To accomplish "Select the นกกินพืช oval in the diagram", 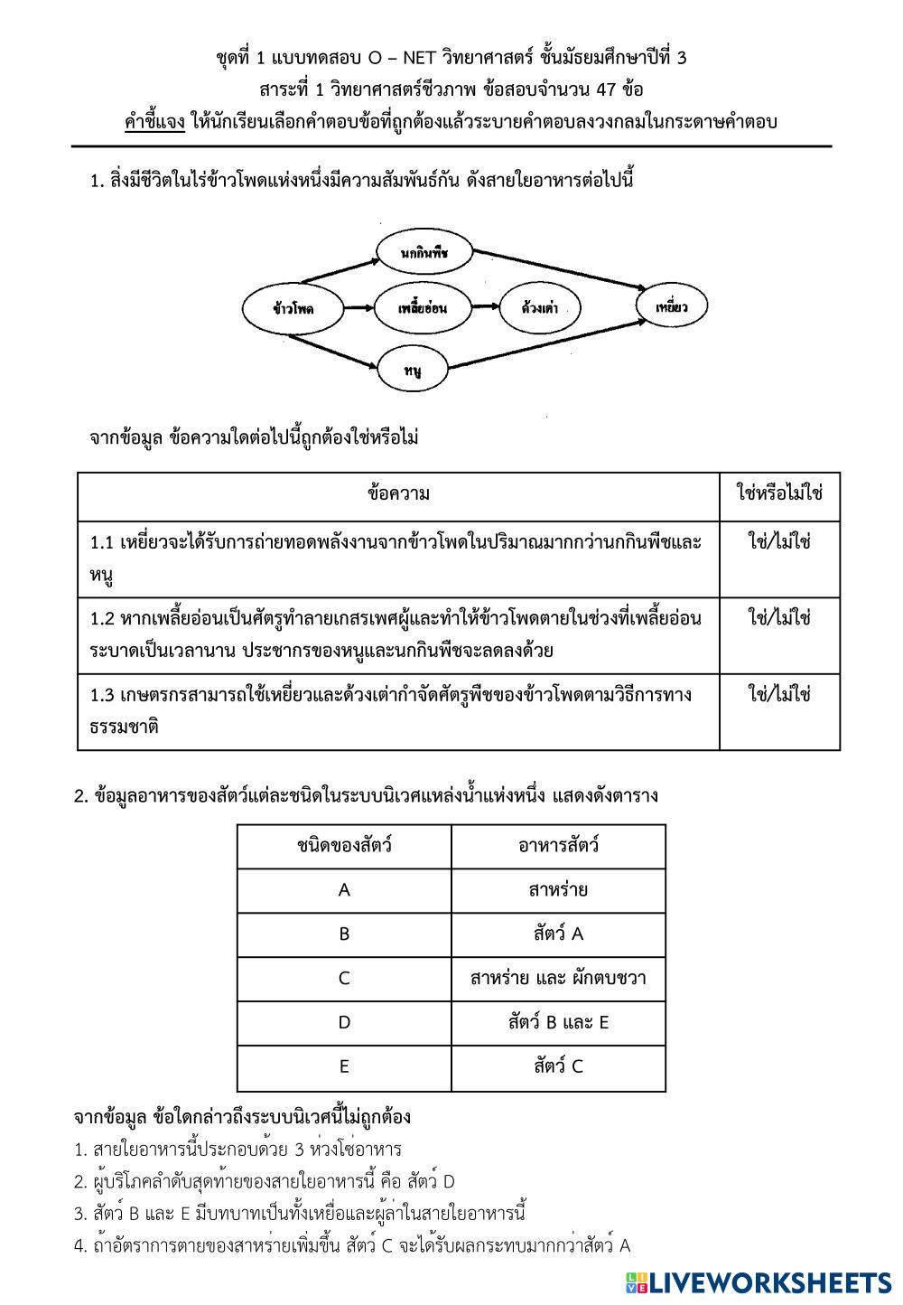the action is coord(424,254).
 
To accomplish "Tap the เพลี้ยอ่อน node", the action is coord(423,308).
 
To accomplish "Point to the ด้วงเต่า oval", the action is coord(539,308).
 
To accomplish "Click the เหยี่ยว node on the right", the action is coord(672,307).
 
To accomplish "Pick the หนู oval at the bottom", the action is coord(414,370).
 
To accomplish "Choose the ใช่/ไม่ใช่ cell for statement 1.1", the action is coord(779,542).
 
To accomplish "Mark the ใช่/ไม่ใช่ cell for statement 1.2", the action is coord(779,618).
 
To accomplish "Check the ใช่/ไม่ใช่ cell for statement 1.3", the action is coord(779,694).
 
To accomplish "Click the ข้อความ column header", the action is coord(398,494).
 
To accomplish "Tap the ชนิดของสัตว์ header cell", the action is coord(344,847).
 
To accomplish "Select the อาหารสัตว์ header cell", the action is coord(558,847).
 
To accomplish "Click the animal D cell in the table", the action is coord(344,1023).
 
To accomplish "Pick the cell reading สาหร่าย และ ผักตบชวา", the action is coord(558,979).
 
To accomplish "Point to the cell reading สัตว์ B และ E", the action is coord(558,1023).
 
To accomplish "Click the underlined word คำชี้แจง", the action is coord(155,122).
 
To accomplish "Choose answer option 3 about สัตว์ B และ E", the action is coord(300,1214).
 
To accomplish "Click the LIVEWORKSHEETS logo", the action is coord(757,1282).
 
